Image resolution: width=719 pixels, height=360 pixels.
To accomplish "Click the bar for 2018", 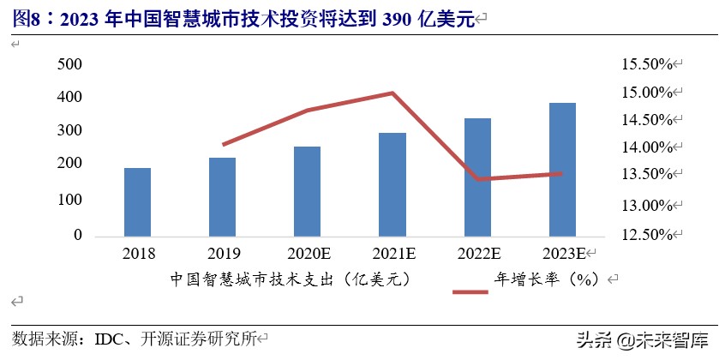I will tap(137, 201).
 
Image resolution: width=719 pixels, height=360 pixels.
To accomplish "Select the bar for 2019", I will tap(222, 196).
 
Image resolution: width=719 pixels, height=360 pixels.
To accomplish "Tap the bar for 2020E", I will tap(307, 191).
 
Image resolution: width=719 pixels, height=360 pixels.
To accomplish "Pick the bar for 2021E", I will tap(392, 184).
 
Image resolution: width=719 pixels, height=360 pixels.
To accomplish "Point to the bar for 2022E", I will tap(477, 177).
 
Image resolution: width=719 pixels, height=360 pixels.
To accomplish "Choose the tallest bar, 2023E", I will tap(562, 169).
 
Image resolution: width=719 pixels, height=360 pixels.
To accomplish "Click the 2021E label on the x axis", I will tap(393, 254).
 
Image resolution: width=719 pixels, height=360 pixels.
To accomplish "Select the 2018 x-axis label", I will tap(139, 254).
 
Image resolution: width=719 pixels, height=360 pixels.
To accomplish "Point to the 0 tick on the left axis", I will tap(77, 234).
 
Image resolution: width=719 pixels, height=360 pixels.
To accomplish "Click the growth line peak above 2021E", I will tap(392, 93).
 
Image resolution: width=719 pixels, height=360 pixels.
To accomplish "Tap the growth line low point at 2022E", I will tap(477, 179).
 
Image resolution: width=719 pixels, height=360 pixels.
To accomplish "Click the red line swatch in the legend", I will tap(470, 292).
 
